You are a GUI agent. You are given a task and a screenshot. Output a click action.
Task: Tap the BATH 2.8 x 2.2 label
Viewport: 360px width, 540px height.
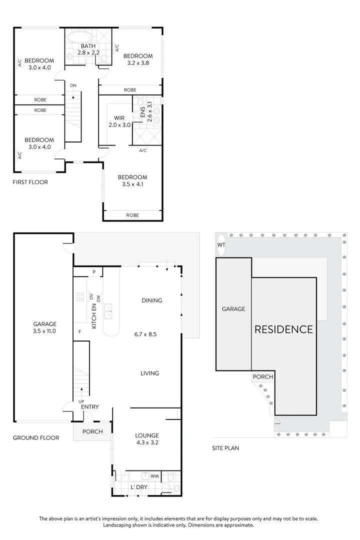(88, 49)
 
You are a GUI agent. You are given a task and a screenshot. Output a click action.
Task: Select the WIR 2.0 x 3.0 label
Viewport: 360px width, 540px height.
(119, 121)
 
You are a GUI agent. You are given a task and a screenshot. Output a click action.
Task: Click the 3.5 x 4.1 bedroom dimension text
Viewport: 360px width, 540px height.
(132, 184)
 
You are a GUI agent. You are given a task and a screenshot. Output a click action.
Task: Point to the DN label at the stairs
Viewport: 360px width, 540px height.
(73, 86)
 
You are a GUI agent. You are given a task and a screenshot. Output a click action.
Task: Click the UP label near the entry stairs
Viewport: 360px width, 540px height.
(81, 401)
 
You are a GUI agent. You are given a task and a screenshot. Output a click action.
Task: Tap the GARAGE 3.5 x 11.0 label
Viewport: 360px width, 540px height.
(44, 327)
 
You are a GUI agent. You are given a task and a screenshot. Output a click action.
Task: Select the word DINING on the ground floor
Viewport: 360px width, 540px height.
(151, 300)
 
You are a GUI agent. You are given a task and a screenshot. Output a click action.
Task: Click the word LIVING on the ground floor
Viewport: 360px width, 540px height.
(149, 373)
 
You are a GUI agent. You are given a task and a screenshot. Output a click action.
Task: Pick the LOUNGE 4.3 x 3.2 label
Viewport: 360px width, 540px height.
(147, 438)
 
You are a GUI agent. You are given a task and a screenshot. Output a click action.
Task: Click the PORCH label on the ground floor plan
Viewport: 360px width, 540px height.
(92, 431)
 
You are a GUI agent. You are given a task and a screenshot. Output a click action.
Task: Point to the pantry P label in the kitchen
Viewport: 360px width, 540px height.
(93, 272)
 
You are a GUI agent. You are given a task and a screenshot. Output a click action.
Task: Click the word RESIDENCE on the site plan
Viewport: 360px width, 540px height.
(283, 329)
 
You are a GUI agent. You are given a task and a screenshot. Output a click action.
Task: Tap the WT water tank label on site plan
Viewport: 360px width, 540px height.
(221, 245)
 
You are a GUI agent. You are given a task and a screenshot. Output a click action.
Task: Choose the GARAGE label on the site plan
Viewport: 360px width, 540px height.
(233, 309)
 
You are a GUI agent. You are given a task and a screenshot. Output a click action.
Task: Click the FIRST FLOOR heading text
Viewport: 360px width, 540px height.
(30, 182)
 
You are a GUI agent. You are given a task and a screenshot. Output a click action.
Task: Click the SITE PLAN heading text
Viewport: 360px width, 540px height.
(225, 448)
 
